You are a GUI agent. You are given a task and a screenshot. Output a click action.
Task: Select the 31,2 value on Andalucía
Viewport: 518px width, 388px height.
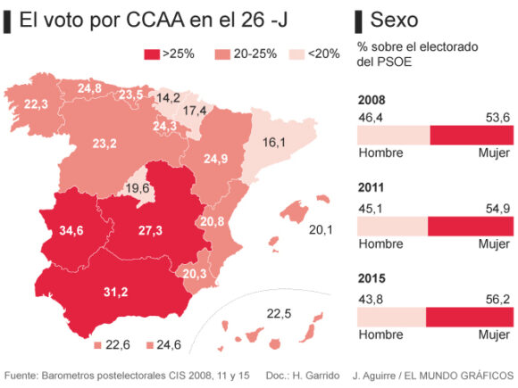116,292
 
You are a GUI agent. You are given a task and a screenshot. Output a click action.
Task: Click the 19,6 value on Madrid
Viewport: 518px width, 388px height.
137,188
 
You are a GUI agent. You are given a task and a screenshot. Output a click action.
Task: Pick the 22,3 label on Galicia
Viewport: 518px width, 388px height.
36,104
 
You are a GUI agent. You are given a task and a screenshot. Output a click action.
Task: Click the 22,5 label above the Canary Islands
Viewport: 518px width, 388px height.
280,312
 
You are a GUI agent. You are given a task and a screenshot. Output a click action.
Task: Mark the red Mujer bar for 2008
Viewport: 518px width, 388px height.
472,135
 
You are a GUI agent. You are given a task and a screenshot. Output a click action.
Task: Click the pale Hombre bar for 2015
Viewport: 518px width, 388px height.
391,318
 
